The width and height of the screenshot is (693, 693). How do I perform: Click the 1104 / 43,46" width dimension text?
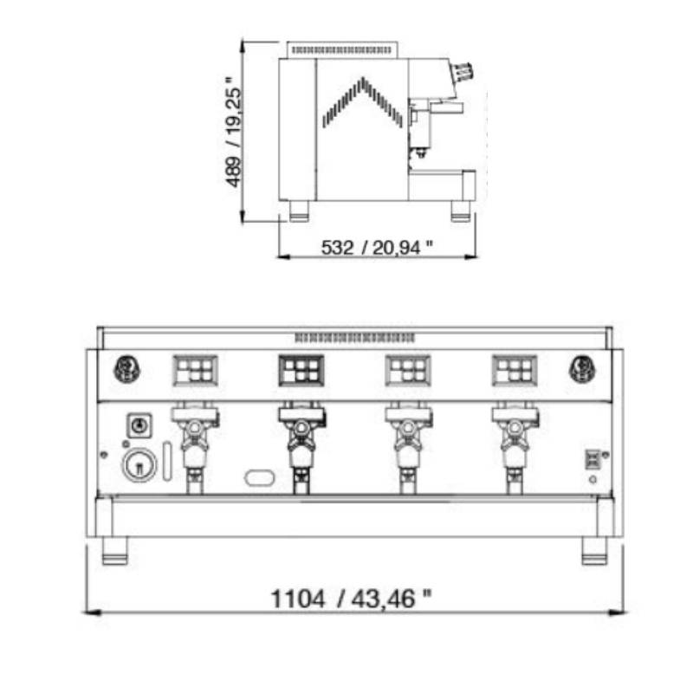click(351, 599)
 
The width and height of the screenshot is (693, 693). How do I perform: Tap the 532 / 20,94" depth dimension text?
click(377, 248)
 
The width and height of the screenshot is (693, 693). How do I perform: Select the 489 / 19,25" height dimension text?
click(233, 133)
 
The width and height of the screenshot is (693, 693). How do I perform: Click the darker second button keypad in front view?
click(301, 371)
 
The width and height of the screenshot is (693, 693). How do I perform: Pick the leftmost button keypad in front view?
click(196, 371)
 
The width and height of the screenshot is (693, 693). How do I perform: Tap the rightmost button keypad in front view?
click(515, 371)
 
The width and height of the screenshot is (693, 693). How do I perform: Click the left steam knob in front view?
click(127, 369)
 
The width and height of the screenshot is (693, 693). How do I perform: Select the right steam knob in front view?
click(581, 369)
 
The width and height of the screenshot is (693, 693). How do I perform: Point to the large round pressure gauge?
click(139, 465)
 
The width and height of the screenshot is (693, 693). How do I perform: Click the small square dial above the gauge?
click(139, 425)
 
